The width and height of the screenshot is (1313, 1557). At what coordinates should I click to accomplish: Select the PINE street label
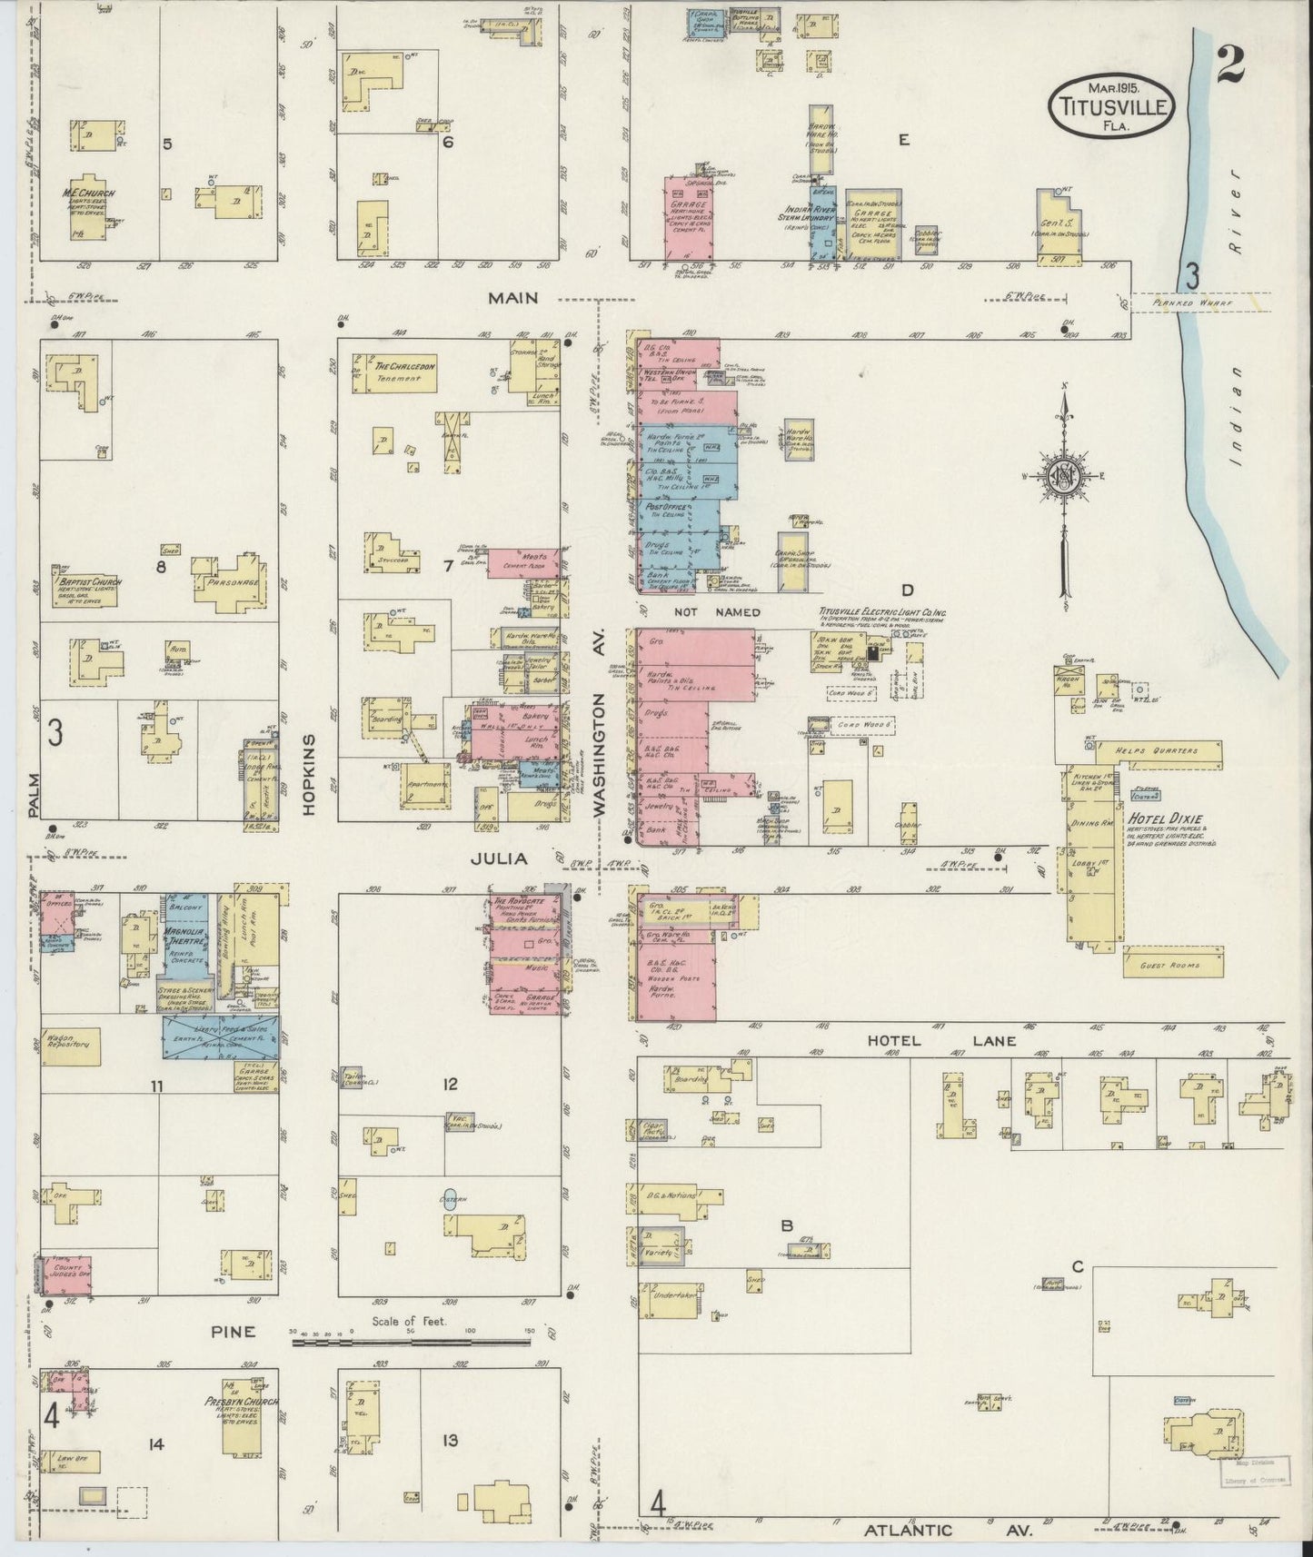(x=233, y=1332)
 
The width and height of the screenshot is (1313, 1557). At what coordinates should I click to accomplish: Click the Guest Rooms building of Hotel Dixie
(x=1172, y=965)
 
